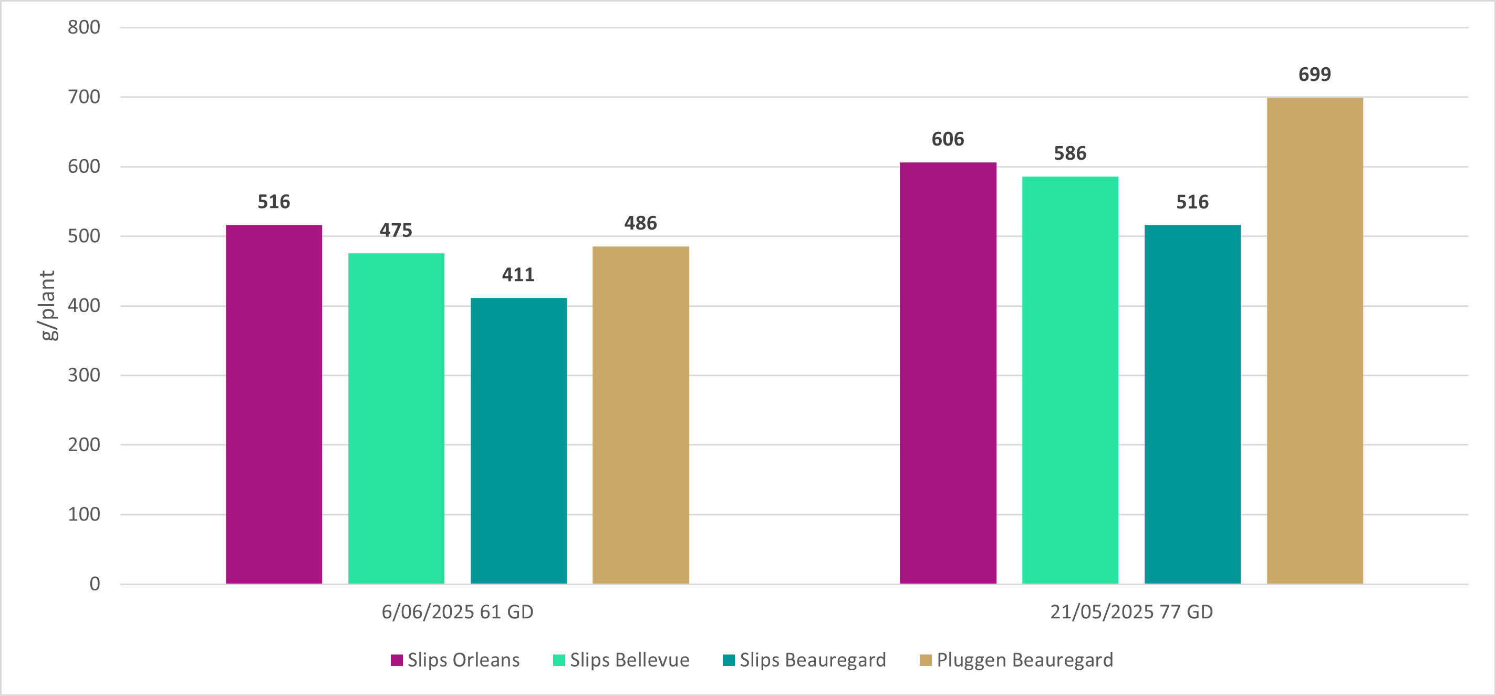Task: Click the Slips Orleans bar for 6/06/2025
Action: pos(274,404)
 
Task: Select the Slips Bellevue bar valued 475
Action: pos(396,418)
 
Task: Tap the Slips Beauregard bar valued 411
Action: pos(518,440)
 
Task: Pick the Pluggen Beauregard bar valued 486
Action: pos(640,415)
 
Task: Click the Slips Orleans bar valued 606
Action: pos(948,373)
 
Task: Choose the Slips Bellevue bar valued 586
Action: pos(1069,380)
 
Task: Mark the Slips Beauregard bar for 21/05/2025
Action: pos(1192,404)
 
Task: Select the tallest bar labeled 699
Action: pos(1315,340)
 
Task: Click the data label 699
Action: pos(1315,75)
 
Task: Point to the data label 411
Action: pos(518,274)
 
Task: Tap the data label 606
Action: pos(948,139)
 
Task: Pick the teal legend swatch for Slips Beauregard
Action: pos(728,660)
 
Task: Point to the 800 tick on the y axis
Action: pos(84,27)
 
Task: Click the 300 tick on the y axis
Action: pos(84,375)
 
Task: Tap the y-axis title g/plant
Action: pos(48,306)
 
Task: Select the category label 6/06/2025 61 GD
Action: pos(457,612)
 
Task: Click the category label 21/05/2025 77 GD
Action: pos(1131,612)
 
